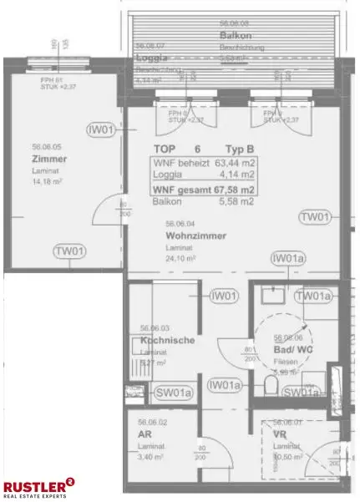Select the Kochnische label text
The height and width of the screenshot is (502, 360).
(168, 341)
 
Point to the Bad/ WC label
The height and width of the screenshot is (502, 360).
(292, 348)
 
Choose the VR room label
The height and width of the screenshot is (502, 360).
(280, 435)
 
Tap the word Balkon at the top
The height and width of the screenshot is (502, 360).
(231, 37)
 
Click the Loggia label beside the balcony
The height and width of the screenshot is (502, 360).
(152, 58)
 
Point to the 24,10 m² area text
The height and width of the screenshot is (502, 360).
(180, 259)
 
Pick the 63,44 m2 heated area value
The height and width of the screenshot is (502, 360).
(237, 163)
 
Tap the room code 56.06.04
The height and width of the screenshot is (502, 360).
(180, 223)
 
